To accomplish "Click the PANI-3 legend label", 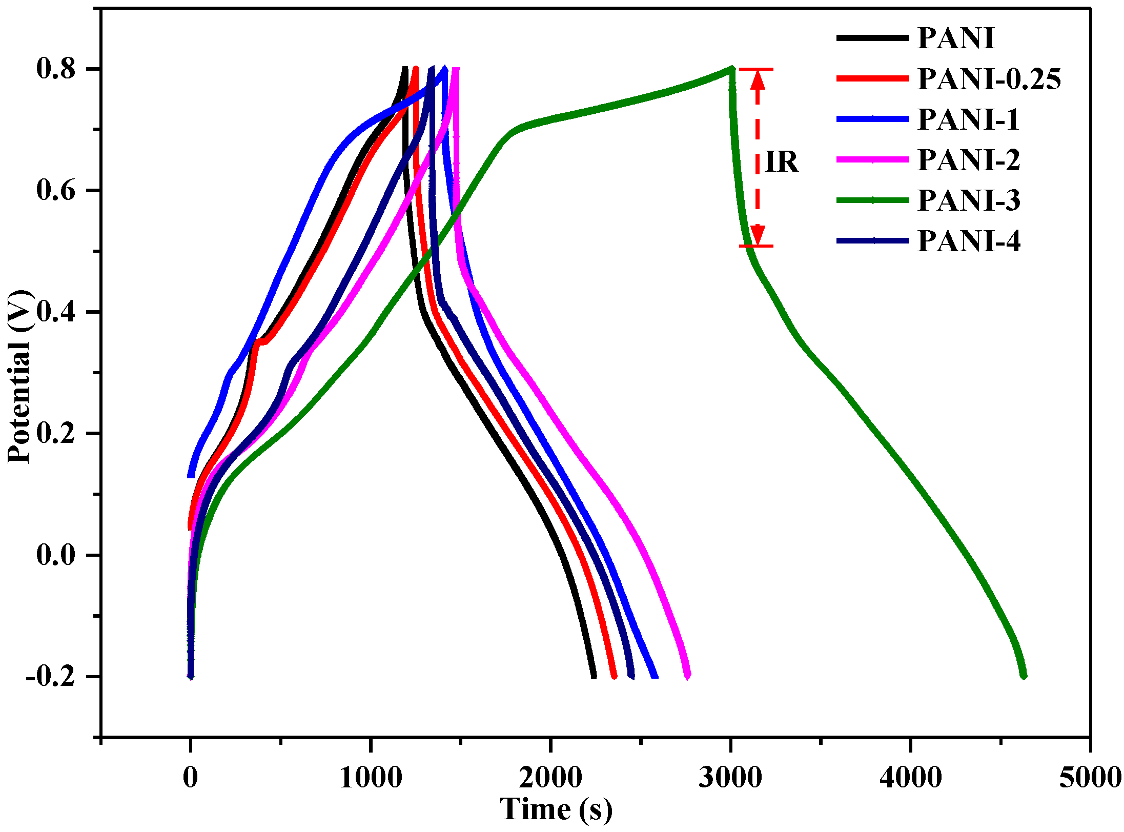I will point(968,200).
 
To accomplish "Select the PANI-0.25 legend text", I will point(989,79).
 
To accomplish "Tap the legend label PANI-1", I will point(968,119).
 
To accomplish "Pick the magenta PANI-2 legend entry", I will point(968,160).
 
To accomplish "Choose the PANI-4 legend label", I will point(968,241).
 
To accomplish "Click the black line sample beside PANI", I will point(872,38).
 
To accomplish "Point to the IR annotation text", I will point(781,163).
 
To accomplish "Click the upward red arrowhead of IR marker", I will point(758,79).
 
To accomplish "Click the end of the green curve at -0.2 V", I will point(1024,676).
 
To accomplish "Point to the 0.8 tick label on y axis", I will point(56,69).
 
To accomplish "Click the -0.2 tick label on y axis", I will point(51,677).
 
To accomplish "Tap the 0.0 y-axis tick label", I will point(56,555).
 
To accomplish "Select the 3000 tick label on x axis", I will point(730,777).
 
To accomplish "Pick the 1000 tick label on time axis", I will point(371,777).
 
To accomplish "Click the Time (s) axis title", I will point(556,809).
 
